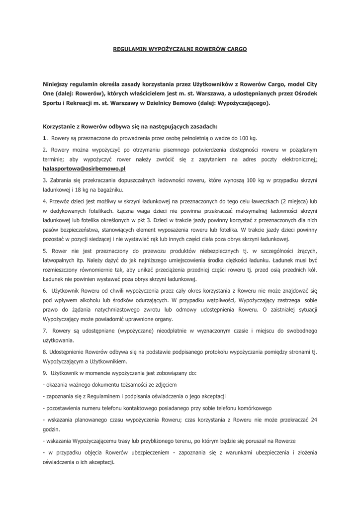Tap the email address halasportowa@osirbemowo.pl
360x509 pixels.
click(85, 169)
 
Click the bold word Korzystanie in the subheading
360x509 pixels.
click(62, 126)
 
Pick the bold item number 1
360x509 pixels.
click(45, 138)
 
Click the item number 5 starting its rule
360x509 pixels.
click(45, 250)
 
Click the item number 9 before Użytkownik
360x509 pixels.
click(45, 372)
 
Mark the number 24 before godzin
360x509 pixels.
click(314, 420)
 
